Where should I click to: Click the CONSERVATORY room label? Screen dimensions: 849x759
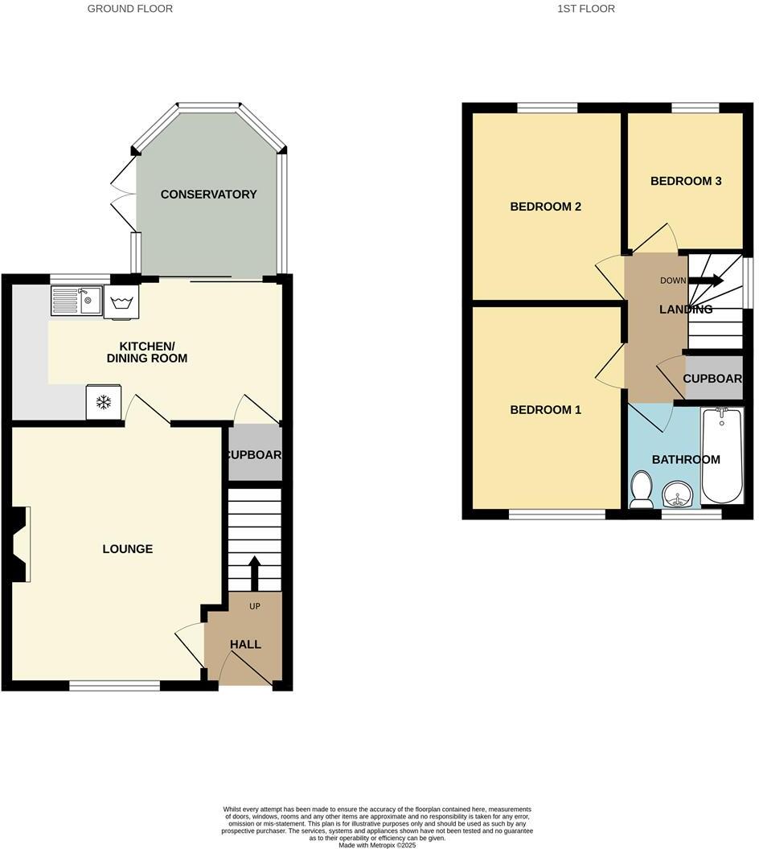click(x=208, y=195)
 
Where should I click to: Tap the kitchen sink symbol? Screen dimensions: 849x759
click(x=76, y=301)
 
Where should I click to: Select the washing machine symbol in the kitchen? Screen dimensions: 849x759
click(x=121, y=302)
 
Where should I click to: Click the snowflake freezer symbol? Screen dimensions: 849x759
click(x=104, y=402)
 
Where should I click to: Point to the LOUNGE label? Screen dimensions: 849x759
click(x=128, y=549)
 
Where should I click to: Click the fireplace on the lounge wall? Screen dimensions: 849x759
click(x=20, y=543)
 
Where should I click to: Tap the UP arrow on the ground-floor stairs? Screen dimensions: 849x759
click(x=255, y=572)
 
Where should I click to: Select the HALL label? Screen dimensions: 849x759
click(x=245, y=645)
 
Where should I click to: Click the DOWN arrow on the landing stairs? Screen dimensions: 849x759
click(x=705, y=281)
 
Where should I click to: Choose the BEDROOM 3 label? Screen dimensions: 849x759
click(x=686, y=181)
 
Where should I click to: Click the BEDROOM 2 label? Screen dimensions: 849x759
click(x=546, y=207)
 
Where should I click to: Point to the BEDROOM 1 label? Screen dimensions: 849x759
click(x=546, y=410)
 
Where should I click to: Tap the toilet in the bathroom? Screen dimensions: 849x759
click(x=642, y=490)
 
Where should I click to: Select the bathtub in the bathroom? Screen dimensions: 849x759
click(x=722, y=454)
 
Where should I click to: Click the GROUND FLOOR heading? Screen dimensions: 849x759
click(x=130, y=9)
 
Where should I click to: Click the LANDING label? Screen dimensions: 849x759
click(x=686, y=310)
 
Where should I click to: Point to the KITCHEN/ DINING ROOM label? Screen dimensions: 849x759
click(x=147, y=352)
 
